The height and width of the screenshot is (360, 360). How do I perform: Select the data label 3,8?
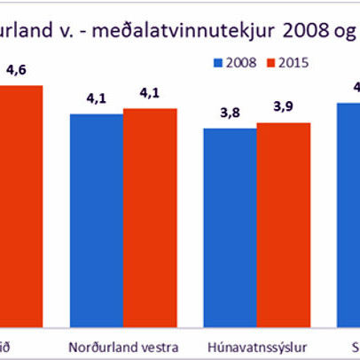[229, 113]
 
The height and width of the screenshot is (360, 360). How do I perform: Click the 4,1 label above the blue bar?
[96, 98]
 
